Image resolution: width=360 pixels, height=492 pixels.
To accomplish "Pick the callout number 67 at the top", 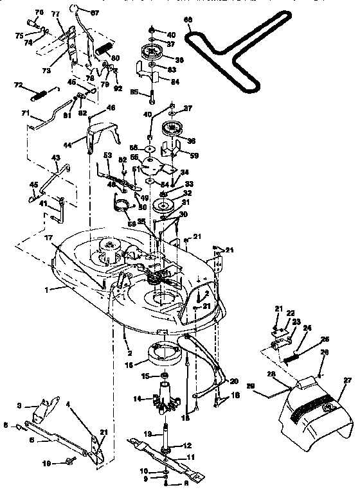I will tap(95, 13).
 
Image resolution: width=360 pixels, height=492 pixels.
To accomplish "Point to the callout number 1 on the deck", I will tap(46, 290).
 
